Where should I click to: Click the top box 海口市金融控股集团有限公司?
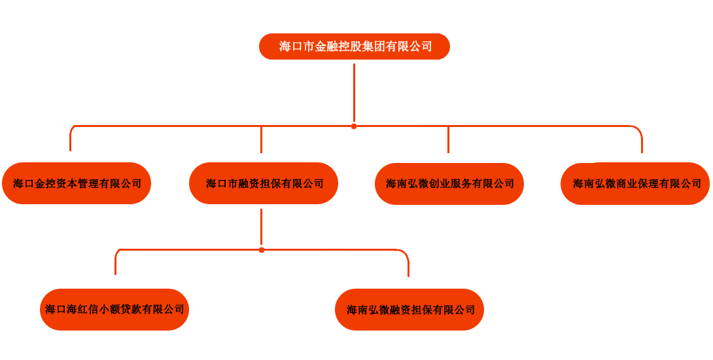[x=354, y=46]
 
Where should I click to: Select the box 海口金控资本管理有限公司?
[x=77, y=183]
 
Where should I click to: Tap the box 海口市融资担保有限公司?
[x=264, y=183]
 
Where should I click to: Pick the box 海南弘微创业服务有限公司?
[x=449, y=184]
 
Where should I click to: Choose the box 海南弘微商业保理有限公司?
[x=635, y=184]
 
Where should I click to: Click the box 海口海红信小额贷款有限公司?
[x=114, y=310]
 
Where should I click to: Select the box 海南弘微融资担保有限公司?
[x=409, y=310]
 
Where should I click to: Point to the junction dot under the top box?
[x=354, y=126]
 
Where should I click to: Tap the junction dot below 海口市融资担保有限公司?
[x=262, y=250]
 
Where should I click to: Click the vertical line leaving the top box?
[x=354, y=92]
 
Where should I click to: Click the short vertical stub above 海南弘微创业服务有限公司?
[x=448, y=139]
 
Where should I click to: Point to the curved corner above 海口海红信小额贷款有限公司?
[x=118, y=253]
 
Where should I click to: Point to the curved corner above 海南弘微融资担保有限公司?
[x=406, y=254]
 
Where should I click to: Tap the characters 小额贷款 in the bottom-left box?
[x=121, y=310]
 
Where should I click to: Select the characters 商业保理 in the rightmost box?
[x=638, y=184]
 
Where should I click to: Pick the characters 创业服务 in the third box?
[x=450, y=184]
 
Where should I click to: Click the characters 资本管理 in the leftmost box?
[x=67, y=183]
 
